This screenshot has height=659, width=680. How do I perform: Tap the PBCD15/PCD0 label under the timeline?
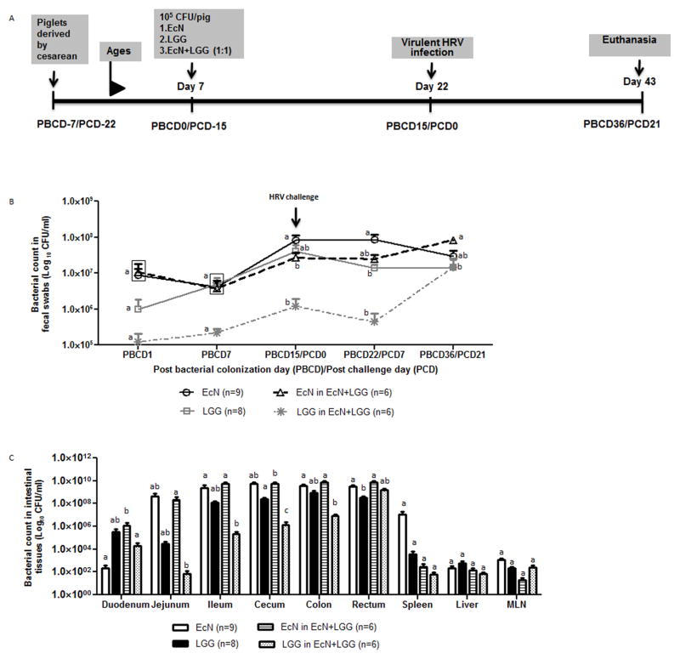click(431, 126)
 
